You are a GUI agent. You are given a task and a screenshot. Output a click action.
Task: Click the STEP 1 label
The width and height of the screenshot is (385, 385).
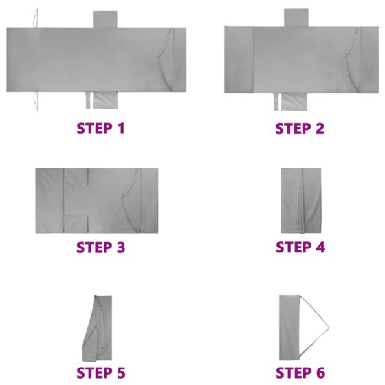(x=100, y=127)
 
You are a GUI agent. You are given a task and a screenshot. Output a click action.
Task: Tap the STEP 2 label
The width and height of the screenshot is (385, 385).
(x=300, y=127)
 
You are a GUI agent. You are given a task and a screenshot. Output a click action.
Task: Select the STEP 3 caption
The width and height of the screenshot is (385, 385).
(x=100, y=247)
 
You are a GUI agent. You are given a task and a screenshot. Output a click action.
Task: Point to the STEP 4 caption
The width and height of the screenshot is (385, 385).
(x=300, y=247)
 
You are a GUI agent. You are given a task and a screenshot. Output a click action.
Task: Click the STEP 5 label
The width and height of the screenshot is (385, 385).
(x=100, y=373)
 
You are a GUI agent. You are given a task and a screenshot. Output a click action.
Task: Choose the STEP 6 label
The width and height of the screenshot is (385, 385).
(x=300, y=373)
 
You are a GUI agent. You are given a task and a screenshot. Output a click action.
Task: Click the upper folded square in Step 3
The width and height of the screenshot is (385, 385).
(x=76, y=178)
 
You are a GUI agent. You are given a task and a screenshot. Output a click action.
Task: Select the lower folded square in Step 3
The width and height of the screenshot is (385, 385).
(x=76, y=223)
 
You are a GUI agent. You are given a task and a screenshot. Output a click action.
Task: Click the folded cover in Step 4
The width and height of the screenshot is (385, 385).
(x=301, y=200)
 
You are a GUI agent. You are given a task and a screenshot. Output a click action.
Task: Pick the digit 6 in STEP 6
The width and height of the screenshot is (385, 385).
(x=319, y=373)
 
